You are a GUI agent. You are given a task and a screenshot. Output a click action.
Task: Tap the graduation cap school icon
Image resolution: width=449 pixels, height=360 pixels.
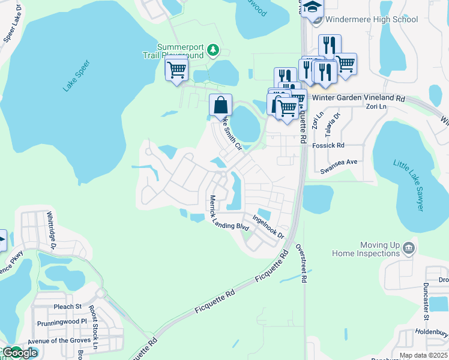tap(312, 8)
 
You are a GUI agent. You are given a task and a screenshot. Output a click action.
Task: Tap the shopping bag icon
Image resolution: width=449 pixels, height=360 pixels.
tap(221, 105)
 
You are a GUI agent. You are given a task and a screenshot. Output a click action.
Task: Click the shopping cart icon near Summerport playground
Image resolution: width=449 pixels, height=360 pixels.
tap(176, 70)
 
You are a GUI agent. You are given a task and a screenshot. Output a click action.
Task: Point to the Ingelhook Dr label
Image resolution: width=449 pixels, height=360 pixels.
tap(268, 227)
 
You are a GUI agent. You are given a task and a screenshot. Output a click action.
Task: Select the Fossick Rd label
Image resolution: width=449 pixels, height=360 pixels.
tap(332, 145)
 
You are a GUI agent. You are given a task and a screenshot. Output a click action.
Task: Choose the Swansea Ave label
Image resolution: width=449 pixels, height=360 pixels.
tap(339, 162)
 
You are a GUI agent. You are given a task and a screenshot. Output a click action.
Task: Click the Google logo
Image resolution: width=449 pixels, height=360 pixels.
tap(19, 353)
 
